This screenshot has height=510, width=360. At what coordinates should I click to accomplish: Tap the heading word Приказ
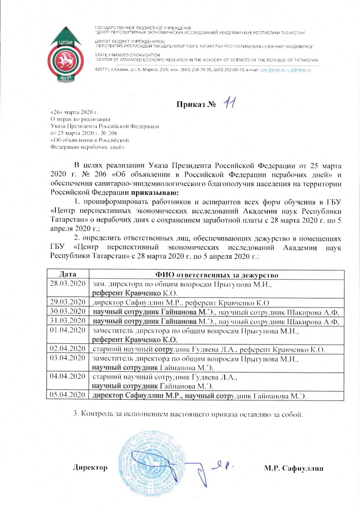[x=191, y=106]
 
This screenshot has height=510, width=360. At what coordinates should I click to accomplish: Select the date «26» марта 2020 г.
[x=74, y=112]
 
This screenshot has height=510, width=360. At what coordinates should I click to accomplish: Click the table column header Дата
[x=68, y=274]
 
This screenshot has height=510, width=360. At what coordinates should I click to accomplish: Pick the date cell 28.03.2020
[x=68, y=283]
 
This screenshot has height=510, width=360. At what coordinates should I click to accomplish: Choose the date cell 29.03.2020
[x=68, y=302]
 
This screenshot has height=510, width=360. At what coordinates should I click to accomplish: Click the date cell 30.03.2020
[x=68, y=311]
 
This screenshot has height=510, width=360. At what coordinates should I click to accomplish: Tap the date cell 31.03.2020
[x=68, y=321]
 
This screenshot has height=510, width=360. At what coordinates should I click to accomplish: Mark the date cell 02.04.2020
[x=68, y=348]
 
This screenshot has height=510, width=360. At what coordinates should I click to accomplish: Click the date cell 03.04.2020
[x=68, y=358]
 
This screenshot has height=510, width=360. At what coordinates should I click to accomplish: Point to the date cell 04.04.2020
[x=68, y=376]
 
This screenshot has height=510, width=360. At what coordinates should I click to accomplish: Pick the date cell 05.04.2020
[x=68, y=395]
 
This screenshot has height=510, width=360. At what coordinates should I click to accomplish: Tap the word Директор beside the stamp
[x=90, y=467]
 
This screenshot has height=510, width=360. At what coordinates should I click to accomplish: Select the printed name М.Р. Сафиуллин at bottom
[x=293, y=467]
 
